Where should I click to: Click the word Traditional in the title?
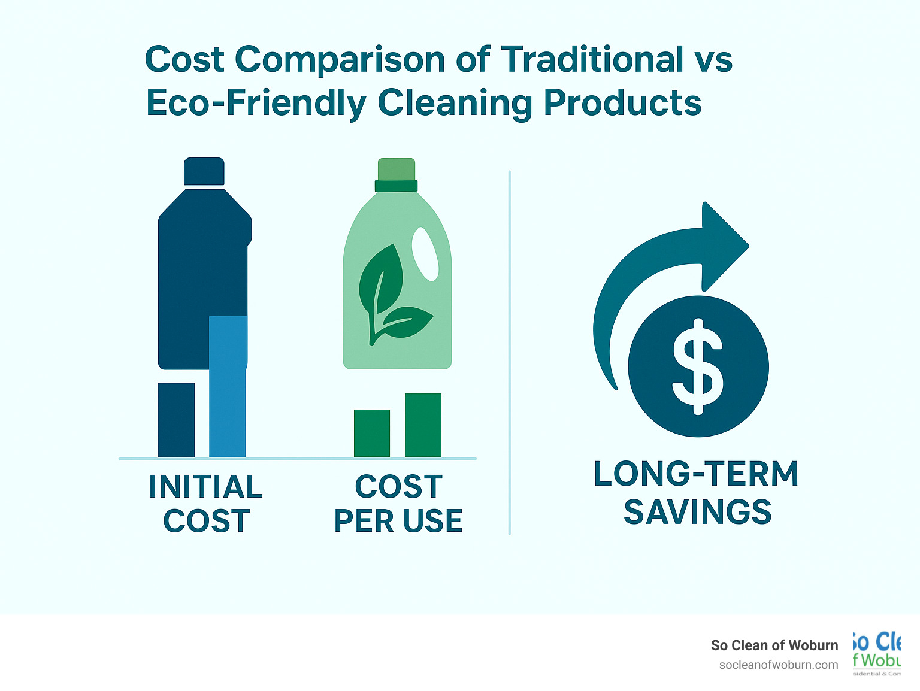(x=592, y=60)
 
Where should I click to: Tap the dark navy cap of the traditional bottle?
(x=204, y=172)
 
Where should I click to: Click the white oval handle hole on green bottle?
(x=425, y=254)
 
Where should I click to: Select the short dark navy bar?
(x=176, y=420)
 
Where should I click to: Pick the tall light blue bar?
(x=228, y=387)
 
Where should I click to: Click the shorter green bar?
(x=372, y=434)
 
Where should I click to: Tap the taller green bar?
(x=423, y=425)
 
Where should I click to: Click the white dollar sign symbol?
(x=698, y=366)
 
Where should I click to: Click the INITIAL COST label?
(x=206, y=504)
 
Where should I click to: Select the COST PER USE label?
(x=398, y=504)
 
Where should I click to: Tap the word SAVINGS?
(x=698, y=512)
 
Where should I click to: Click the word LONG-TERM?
(x=696, y=474)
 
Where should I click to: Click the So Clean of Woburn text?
(x=774, y=645)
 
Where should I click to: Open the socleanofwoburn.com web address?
(x=779, y=665)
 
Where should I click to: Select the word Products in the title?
(x=623, y=103)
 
